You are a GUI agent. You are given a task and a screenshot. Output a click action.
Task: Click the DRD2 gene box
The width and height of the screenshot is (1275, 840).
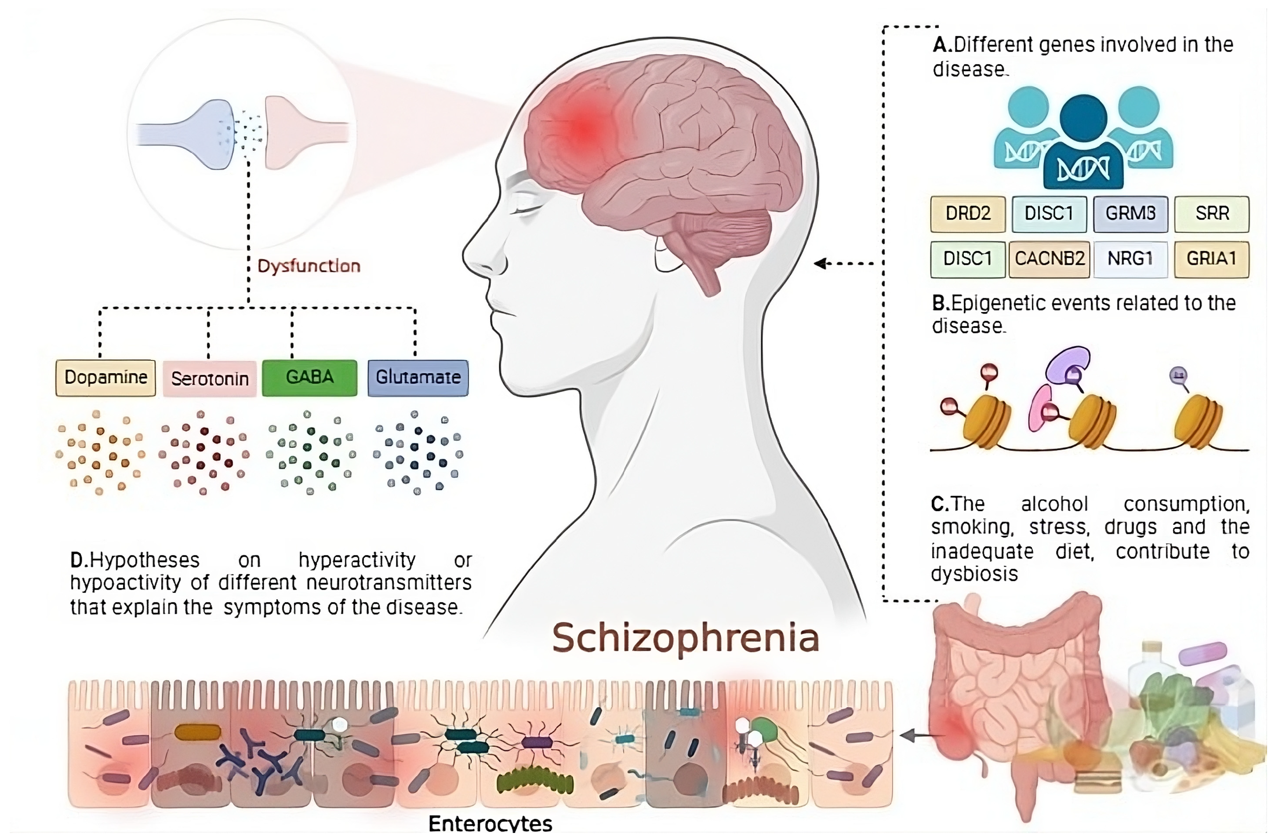(x=967, y=214)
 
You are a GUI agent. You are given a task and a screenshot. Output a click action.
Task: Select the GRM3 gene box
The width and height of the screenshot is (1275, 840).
(x=1130, y=214)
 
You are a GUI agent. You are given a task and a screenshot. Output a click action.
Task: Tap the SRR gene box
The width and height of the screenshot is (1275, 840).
(x=1212, y=214)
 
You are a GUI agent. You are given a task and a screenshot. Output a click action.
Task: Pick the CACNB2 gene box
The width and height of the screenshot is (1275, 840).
(x=1049, y=259)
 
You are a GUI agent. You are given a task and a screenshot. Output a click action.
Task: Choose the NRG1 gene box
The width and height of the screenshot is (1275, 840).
(x=1130, y=259)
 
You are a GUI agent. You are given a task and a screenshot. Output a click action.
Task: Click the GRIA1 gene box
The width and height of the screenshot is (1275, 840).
(x=1212, y=259)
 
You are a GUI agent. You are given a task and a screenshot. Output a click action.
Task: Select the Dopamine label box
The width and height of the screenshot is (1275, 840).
(x=105, y=378)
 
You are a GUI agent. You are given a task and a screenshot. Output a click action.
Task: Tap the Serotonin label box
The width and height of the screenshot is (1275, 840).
(x=210, y=379)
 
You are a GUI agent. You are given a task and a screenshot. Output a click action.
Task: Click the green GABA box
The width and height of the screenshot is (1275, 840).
(x=309, y=378)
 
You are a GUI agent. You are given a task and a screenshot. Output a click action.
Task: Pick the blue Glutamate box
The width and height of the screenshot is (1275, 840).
(x=418, y=378)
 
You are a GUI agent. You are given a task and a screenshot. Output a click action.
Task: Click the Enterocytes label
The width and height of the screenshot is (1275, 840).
(x=490, y=823)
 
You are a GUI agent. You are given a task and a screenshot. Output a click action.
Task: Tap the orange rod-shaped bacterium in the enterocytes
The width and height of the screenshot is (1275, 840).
(x=198, y=732)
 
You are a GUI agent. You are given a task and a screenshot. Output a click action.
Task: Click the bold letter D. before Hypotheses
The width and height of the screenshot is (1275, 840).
(x=78, y=560)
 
